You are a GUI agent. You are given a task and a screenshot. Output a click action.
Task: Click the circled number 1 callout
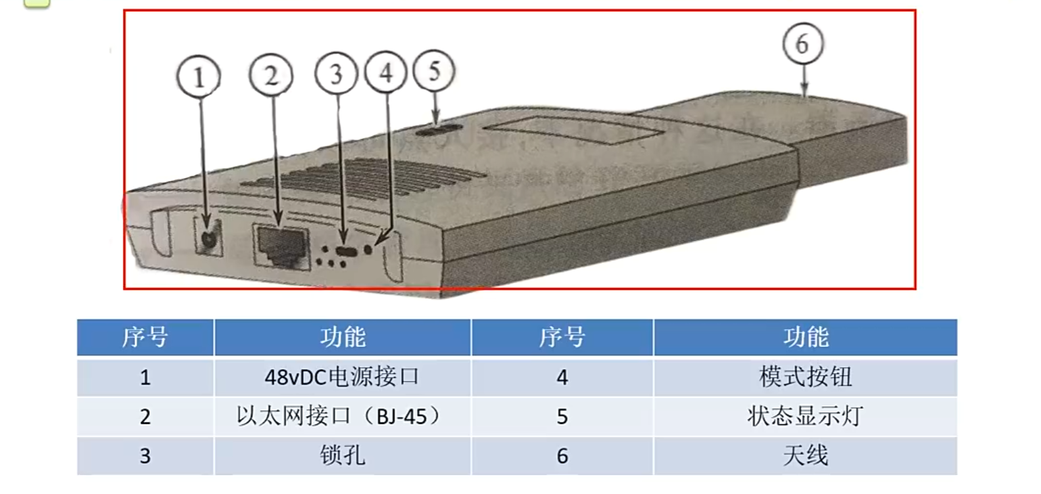[199, 78]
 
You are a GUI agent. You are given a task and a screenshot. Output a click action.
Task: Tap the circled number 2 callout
[271, 76]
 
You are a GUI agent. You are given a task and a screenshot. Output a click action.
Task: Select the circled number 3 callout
[336, 74]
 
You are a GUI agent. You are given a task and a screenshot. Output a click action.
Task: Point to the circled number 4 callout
[386, 72]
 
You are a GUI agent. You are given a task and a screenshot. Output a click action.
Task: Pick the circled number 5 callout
[434, 71]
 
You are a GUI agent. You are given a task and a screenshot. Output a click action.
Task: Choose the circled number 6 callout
[802, 44]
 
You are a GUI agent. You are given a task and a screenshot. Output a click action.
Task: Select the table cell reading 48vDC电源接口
[342, 377]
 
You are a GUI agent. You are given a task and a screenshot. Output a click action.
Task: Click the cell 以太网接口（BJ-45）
[342, 416]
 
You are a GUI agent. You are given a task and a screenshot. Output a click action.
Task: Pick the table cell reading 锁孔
[342, 456]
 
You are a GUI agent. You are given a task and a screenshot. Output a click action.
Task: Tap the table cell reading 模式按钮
[805, 377]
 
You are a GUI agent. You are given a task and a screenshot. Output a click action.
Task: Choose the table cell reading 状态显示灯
[805, 416]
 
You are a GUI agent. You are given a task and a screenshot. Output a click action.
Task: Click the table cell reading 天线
[805, 456]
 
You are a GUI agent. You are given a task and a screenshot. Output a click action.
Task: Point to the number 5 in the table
[562, 416]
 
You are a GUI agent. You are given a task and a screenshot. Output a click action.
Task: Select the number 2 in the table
[145, 416]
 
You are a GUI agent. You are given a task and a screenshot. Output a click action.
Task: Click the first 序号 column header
[145, 337]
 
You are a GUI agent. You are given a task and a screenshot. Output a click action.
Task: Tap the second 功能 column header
[805, 337]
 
